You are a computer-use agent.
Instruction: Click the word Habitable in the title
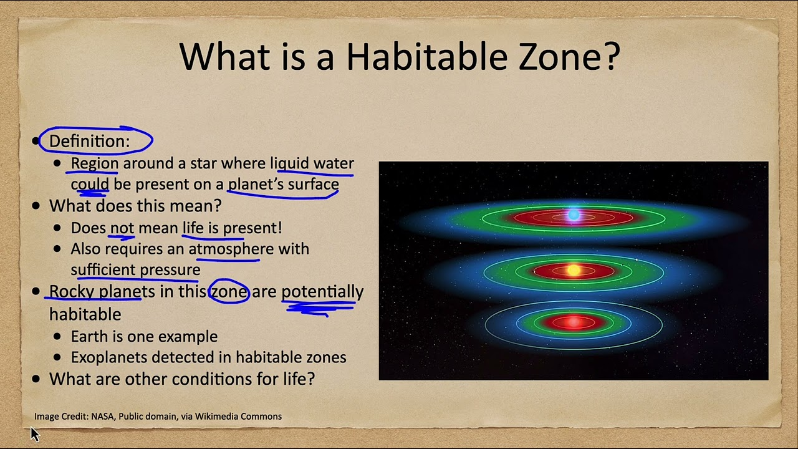tap(427, 56)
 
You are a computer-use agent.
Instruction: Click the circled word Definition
tap(89, 141)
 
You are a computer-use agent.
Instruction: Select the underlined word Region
tap(94, 164)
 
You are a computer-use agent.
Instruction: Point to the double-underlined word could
tap(90, 184)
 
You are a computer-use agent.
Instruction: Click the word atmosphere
tap(231, 249)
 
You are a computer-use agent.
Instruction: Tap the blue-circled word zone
tap(229, 292)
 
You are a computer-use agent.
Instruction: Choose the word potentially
tap(322, 292)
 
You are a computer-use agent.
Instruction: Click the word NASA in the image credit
tap(103, 416)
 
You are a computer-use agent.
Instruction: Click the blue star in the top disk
tap(574, 215)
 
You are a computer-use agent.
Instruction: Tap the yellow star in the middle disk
tap(574, 270)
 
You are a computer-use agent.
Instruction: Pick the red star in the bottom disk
tap(573, 322)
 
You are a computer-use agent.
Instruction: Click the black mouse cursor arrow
tap(34, 434)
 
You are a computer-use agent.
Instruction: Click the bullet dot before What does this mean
tap(36, 206)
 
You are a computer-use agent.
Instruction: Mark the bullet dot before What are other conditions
tap(36, 379)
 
